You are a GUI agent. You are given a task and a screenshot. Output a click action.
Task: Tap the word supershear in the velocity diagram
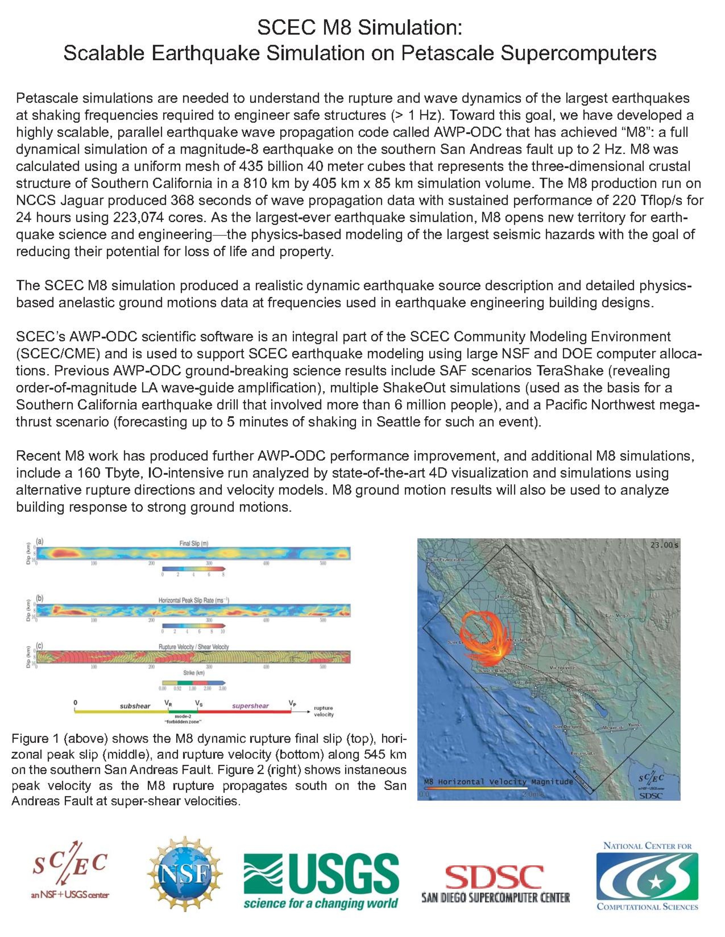click(250, 706)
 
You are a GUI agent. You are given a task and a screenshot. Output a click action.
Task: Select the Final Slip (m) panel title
click(193, 543)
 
